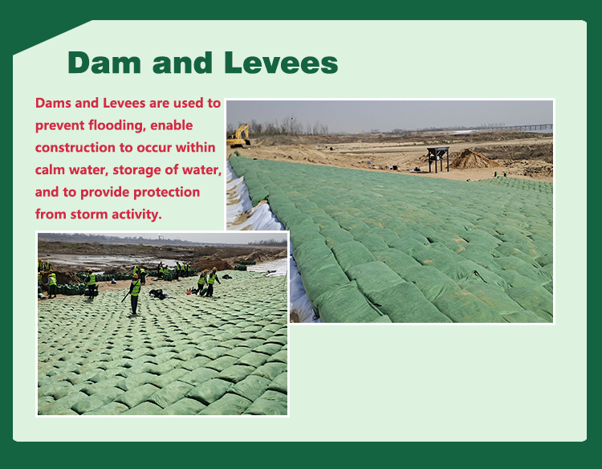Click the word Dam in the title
[x=104, y=63]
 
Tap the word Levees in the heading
[x=281, y=63]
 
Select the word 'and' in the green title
[x=182, y=63]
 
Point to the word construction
[x=75, y=148]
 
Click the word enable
[x=172, y=125]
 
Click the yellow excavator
[x=239, y=137]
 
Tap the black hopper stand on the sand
[x=438, y=159]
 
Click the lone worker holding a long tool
[x=134, y=295]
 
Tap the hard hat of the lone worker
[x=136, y=276]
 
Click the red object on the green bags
[x=189, y=292]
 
